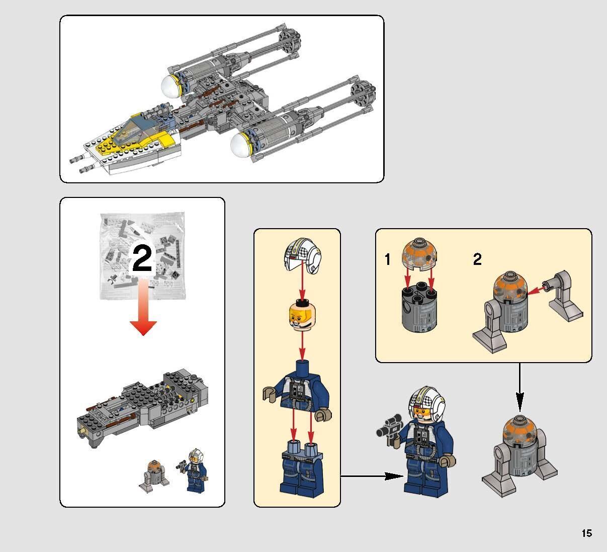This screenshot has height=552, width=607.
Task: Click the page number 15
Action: coord(586,533)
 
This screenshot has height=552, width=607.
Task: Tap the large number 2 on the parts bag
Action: coord(142,259)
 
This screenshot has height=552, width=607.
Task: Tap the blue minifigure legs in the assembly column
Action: coord(301,466)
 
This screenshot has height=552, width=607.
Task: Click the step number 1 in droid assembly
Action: coord(387,260)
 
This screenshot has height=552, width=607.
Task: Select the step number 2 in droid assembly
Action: coord(477,259)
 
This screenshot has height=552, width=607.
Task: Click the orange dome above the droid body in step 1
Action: coord(419,254)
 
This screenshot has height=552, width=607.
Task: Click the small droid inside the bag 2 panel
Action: coord(151,474)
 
